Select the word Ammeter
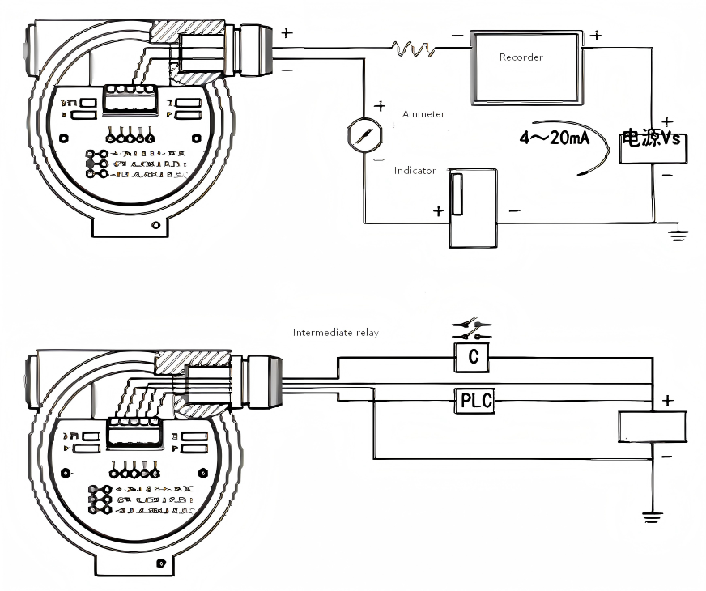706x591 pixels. [x=423, y=114]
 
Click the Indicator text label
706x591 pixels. [x=415, y=171]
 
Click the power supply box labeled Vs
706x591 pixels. [x=653, y=145]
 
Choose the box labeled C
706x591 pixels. [x=473, y=357]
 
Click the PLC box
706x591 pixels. [x=476, y=399]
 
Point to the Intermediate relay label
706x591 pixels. [x=335, y=333]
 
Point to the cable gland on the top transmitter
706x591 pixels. [x=256, y=51]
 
